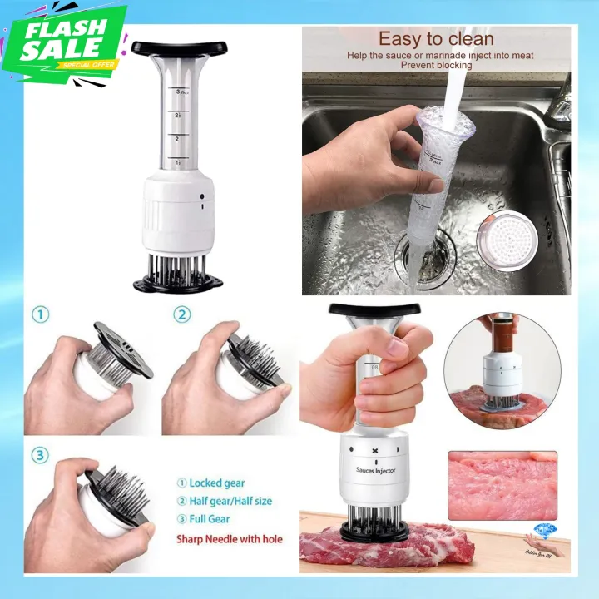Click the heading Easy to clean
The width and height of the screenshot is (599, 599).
click(x=436, y=38)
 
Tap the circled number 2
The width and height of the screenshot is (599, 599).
click(x=182, y=315)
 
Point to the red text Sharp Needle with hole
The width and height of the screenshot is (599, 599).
click(x=229, y=539)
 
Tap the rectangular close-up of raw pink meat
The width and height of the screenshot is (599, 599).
click(x=502, y=486)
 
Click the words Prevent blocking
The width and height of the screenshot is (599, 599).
click(x=437, y=65)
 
